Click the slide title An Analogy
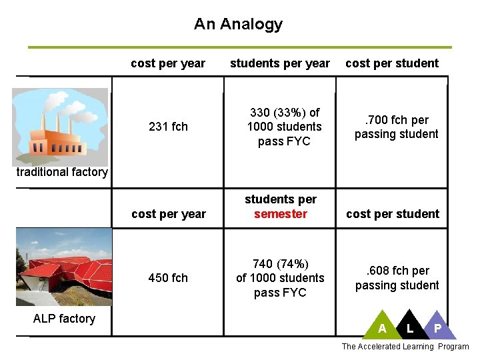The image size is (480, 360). (x=238, y=25)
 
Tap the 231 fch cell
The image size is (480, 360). (x=168, y=127)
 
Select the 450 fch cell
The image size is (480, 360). (x=168, y=278)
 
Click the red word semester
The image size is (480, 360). (x=281, y=214)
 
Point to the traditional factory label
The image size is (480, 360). (x=62, y=172)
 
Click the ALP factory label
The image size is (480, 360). (x=64, y=319)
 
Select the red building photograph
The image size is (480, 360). (x=64, y=267)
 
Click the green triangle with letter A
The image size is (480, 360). (x=382, y=326)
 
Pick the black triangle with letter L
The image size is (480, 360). (x=409, y=326)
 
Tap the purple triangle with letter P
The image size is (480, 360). (x=437, y=326)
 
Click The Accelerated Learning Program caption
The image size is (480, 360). (x=405, y=347)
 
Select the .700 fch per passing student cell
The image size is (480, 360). (x=396, y=127)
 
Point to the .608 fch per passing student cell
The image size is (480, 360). (x=397, y=278)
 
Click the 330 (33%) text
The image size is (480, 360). (x=285, y=113)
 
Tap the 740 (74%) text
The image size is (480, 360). (x=280, y=263)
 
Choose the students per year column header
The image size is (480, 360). (x=280, y=63)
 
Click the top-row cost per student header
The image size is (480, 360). (x=392, y=63)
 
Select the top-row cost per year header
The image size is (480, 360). (x=168, y=63)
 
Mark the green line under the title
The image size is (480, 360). (x=240, y=47)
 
